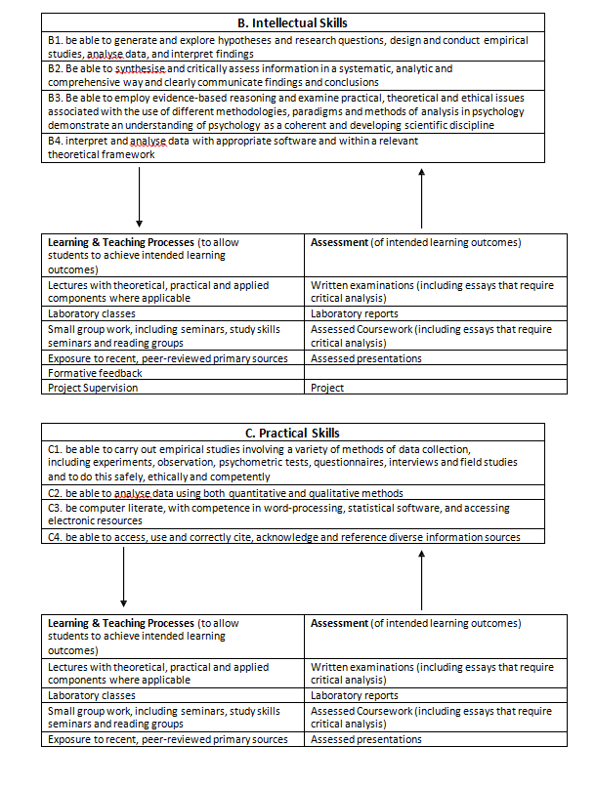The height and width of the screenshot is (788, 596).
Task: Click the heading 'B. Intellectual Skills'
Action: (292, 22)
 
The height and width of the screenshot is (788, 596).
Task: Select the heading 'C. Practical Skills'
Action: (293, 433)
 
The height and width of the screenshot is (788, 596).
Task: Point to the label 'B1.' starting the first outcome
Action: (56, 41)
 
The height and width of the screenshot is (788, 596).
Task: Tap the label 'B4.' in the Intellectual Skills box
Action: (57, 142)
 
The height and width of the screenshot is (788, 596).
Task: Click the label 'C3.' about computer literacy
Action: (56, 509)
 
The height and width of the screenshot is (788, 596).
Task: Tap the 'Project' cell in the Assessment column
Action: (327, 388)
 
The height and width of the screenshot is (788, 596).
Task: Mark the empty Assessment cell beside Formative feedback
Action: (435, 373)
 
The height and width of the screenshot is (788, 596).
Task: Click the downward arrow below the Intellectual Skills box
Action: (140, 196)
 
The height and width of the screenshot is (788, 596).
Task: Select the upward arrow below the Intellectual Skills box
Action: (422, 196)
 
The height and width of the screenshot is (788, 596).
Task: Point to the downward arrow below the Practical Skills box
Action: (124, 576)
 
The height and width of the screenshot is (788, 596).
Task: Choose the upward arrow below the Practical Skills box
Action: (422, 576)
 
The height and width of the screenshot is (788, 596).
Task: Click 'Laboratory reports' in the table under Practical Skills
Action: (354, 696)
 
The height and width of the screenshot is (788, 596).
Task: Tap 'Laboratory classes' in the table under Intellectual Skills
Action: (92, 314)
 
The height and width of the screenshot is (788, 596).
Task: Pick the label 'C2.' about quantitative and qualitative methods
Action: (56, 494)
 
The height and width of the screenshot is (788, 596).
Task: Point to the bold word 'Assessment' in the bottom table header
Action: (339, 623)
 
